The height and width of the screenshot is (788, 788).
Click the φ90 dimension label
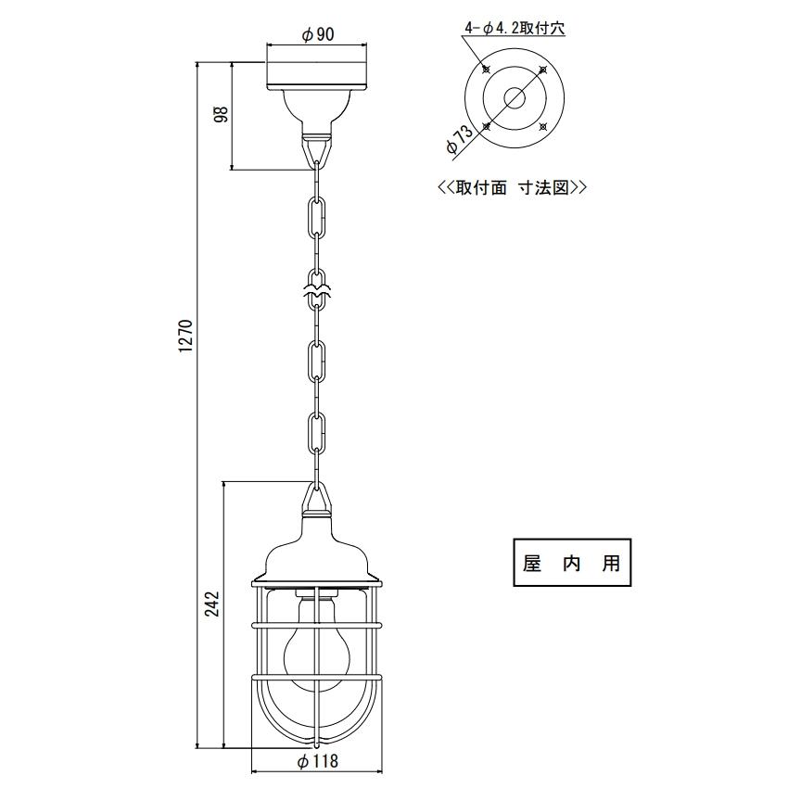point(318,34)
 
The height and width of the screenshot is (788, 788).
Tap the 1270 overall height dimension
point(186,336)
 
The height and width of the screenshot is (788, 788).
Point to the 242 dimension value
point(213,604)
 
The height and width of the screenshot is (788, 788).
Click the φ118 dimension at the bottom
point(318,761)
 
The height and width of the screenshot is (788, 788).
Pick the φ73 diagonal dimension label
point(459,139)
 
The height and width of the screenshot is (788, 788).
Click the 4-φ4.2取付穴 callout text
point(515,29)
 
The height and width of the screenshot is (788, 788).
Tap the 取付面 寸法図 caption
point(513,187)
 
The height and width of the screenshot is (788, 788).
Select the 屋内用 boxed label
point(572,563)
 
